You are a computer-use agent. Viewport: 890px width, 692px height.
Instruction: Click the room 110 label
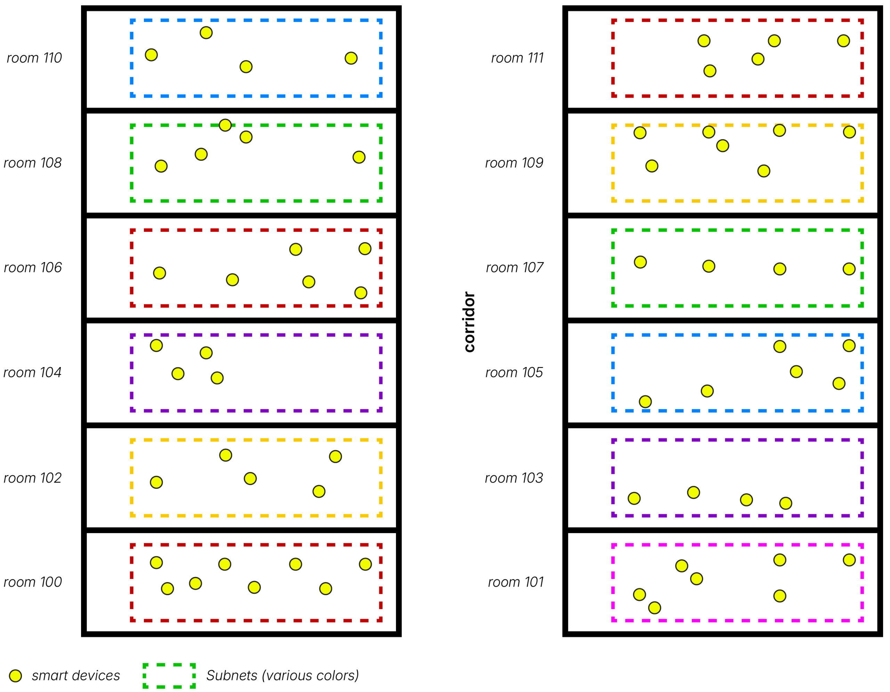[x=34, y=58]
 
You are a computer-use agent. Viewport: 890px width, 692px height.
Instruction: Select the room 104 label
[x=33, y=372]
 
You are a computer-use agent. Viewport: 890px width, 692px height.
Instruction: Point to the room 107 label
[x=514, y=268]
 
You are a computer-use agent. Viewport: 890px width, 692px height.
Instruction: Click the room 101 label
[x=516, y=582]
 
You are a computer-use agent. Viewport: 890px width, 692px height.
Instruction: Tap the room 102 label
[x=33, y=478]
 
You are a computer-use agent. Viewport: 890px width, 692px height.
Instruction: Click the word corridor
[x=469, y=322]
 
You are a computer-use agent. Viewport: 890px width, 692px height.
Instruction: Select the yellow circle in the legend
[x=16, y=676]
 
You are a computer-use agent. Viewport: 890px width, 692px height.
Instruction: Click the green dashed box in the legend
[x=169, y=676]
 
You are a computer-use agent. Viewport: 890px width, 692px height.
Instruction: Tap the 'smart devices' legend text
[x=76, y=676]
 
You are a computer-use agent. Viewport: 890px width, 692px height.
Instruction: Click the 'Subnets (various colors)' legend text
[x=282, y=676]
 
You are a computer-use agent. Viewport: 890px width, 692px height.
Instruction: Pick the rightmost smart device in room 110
[x=351, y=58]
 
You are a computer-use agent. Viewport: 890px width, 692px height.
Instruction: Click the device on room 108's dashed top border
[x=225, y=125]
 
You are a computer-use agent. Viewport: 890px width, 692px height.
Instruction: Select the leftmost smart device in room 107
[x=640, y=262]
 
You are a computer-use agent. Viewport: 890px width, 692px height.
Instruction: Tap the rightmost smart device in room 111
[x=843, y=41]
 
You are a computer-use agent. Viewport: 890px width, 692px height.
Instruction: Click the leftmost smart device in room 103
[x=634, y=498]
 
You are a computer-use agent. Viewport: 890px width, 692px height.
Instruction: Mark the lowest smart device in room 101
[x=654, y=608]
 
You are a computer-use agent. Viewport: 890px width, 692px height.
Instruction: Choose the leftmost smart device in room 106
[x=159, y=273]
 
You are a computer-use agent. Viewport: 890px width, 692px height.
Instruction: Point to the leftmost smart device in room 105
[x=645, y=401]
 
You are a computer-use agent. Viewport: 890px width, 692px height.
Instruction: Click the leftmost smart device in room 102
[x=156, y=482]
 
